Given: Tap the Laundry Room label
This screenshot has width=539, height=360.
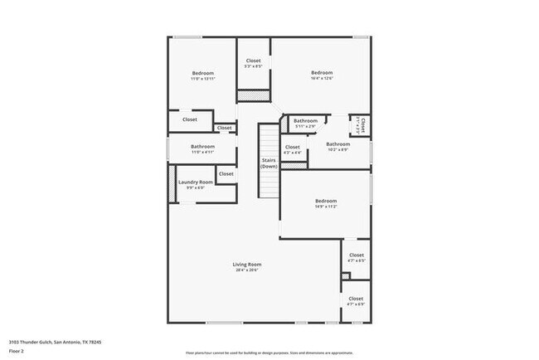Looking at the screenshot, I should pos(195,182).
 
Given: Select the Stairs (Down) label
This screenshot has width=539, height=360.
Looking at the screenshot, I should pos(269,163).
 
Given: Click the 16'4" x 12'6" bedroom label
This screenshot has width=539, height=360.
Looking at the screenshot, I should pos(322,73).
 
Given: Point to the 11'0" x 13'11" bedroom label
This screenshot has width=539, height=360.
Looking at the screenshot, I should pos(202,74).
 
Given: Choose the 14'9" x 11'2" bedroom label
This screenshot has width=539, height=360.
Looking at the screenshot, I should pos(325,201).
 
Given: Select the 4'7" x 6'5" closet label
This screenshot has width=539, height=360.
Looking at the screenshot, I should pos(356,255).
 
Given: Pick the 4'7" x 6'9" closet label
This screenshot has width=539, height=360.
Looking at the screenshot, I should pos(356,299).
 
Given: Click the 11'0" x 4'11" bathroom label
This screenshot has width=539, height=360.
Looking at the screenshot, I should pos(202,147).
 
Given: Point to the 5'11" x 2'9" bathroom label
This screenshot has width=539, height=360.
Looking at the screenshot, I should pos(305,121).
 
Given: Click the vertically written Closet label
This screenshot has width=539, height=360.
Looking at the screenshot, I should pos(362,126).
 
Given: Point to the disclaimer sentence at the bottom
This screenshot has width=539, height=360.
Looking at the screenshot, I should pos(270,353).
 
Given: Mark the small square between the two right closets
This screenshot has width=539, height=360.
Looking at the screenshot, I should pos(346,275).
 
